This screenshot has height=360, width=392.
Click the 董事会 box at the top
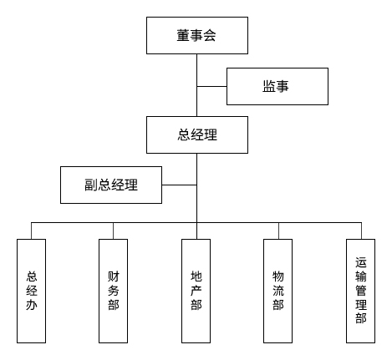tap(196, 36)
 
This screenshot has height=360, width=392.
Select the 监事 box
tap(277, 86)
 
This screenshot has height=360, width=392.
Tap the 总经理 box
tap(196, 134)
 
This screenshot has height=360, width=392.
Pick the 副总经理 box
tap(111, 185)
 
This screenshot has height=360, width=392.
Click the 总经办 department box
tap(32, 290)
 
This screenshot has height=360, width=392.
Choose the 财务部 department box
tap(113, 290)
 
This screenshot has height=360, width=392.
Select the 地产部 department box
tap(196, 290)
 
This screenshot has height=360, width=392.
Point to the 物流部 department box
tap(278, 290)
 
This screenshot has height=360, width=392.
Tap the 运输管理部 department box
tap(360, 290)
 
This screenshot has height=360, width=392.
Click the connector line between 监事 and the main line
tap(212, 86)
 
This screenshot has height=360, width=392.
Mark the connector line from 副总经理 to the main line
tap(179, 185)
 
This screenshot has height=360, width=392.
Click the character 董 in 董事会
tap(182, 36)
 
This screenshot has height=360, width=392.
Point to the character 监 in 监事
tap(269, 86)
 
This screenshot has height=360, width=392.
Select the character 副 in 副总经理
tap(90, 185)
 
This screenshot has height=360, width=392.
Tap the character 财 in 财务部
tap(113, 276)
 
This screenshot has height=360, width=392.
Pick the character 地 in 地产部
tap(196, 276)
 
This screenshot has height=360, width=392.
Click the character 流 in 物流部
tap(278, 290)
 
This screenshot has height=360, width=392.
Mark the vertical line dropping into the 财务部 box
tap(113, 231)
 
